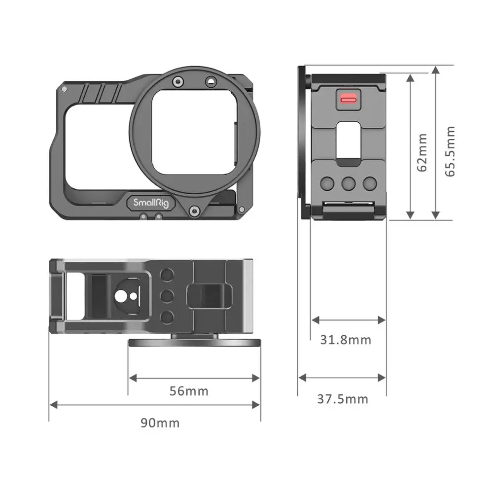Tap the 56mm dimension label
point(189,391)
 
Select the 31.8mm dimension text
point(346,340)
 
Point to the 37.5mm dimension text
point(343,399)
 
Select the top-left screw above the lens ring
point(178,82)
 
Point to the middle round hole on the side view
point(348,183)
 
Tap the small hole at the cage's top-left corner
point(64,88)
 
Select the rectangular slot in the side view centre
point(348,144)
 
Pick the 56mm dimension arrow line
point(194,378)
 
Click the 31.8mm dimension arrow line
point(349,320)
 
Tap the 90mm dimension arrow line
point(155,405)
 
